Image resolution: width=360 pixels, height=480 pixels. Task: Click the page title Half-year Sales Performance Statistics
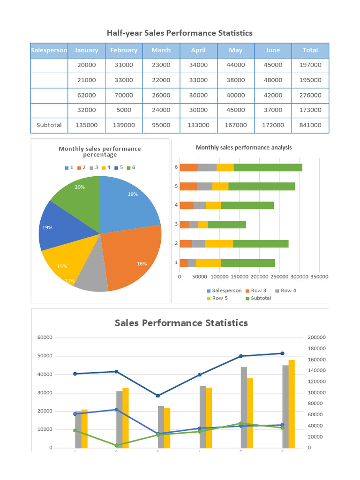click(x=180, y=33)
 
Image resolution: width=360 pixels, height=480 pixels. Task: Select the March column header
click(x=161, y=50)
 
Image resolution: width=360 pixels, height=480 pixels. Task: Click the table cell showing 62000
click(x=86, y=95)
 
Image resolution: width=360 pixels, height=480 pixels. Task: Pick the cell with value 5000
click(x=124, y=110)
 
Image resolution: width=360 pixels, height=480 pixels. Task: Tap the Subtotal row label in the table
click(x=49, y=125)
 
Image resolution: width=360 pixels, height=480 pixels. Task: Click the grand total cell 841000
click(x=310, y=125)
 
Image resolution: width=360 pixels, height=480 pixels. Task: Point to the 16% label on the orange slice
click(x=142, y=264)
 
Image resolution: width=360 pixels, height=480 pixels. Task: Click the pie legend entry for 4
click(x=106, y=167)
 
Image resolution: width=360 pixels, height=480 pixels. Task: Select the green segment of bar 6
click(x=268, y=167)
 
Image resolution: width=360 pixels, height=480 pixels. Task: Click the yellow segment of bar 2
click(x=219, y=244)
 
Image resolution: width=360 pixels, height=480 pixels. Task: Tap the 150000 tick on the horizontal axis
click(x=240, y=277)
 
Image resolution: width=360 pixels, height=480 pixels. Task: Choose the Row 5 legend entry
click(x=217, y=298)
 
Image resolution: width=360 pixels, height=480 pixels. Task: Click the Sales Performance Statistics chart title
click(x=181, y=323)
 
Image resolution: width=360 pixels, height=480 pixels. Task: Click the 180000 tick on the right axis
click(x=316, y=348)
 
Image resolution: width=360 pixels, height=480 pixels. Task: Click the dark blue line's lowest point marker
click(x=157, y=396)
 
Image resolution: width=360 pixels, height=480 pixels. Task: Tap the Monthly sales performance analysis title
click(x=244, y=147)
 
